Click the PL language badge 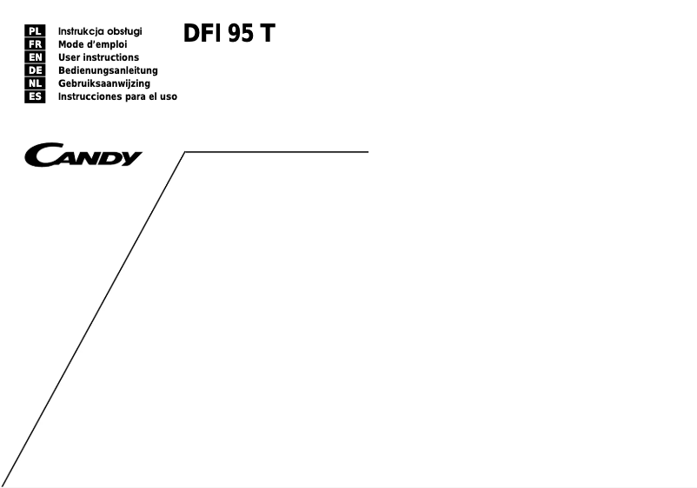pos(35,31)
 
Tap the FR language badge pos(35,44)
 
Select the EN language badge pos(35,57)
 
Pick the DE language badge pos(35,70)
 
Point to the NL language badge pos(35,83)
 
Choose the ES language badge pos(35,96)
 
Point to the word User pos(70,57)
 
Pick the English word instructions pos(111,57)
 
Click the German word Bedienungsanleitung pos(108,70)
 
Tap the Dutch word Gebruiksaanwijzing pos(103,83)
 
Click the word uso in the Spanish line pos(167,96)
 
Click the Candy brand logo pos(84,156)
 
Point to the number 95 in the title pos(240,34)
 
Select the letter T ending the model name pos(267,34)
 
